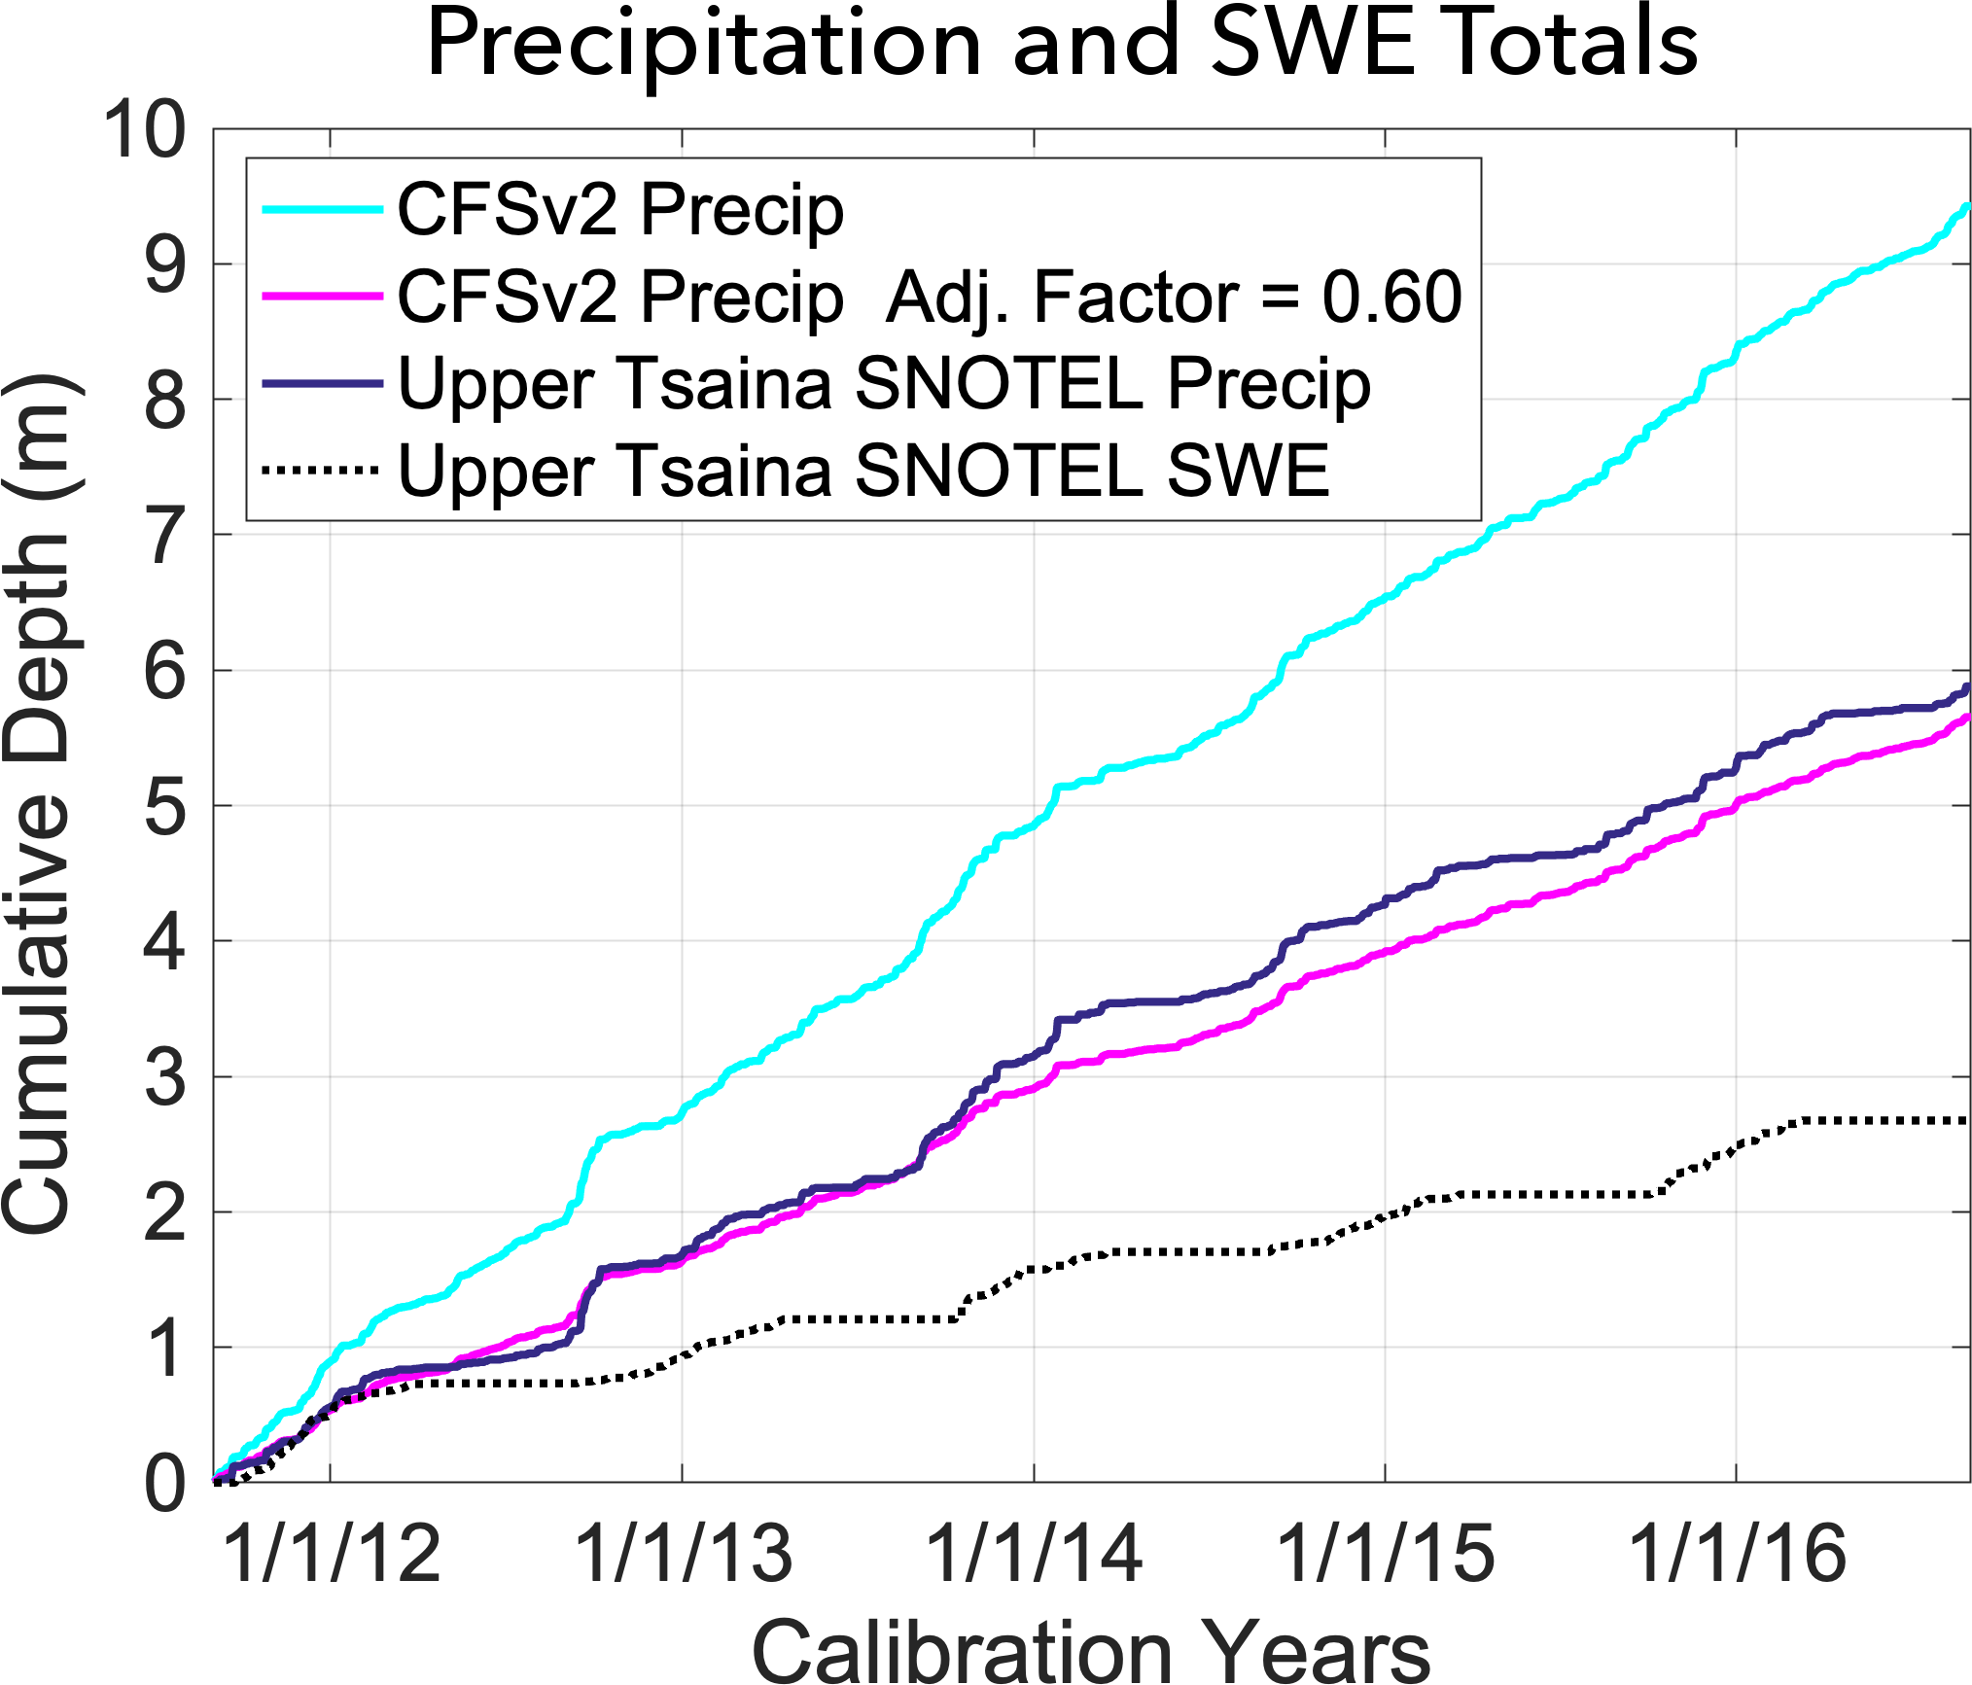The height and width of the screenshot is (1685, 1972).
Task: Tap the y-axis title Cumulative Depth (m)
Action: (x=39, y=805)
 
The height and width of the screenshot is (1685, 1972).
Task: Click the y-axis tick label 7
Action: (x=164, y=536)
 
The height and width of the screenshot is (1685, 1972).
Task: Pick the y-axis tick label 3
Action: (x=164, y=1077)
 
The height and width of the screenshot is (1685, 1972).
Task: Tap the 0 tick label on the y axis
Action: (x=164, y=1484)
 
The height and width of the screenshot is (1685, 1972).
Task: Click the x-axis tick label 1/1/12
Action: (x=332, y=1554)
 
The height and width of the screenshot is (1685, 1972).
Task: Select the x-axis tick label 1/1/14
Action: (x=1034, y=1554)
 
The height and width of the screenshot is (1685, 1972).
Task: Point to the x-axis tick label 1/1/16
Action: (x=1737, y=1554)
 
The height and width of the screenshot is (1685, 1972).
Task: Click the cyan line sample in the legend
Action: (x=322, y=209)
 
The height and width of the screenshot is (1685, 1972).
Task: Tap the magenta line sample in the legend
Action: (x=322, y=296)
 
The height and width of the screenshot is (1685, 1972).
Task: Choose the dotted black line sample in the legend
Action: (x=322, y=471)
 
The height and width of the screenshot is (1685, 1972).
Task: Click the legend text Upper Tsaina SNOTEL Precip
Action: (x=884, y=384)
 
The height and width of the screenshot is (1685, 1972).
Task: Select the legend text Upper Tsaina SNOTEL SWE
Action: (x=863, y=471)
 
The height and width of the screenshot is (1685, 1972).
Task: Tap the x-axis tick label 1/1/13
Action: (x=683, y=1554)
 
